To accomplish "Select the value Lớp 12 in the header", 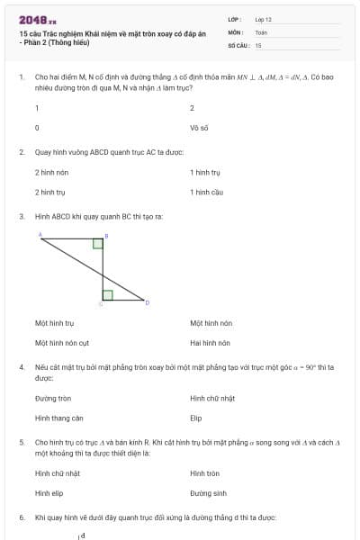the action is click(x=264, y=19).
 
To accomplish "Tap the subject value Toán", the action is click(x=261, y=31).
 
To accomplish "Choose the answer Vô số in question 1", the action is click(x=199, y=128).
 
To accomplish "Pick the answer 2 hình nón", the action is click(x=51, y=171).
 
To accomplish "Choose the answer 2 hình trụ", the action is click(x=50, y=192).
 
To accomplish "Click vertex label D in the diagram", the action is click(x=147, y=302).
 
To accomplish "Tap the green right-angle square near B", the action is click(x=98, y=242).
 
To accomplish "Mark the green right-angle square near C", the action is click(x=107, y=294).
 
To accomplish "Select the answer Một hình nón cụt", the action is click(x=62, y=343).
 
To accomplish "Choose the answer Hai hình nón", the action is click(x=211, y=343).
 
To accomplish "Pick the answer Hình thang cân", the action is click(x=59, y=418).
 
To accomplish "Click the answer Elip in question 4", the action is click(x=196, y=418).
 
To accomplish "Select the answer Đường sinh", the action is click(x=208, y=493).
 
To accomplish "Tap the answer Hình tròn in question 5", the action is click(x=205, y=472).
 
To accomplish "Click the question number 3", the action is click(x=22, y=216).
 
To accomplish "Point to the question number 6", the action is click(x=22, y=517).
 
